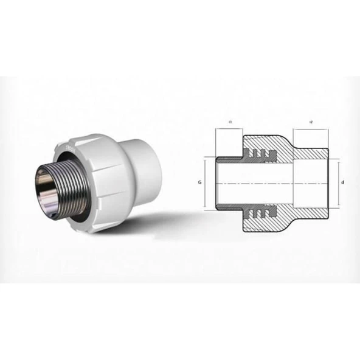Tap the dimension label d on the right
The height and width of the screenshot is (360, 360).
(342, 182)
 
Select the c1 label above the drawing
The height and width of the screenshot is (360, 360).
(230, 122)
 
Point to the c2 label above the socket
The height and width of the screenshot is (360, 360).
(311, 122)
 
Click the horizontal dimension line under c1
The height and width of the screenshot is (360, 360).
(230, 130)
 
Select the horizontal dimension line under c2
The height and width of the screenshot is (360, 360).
(311, 130)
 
